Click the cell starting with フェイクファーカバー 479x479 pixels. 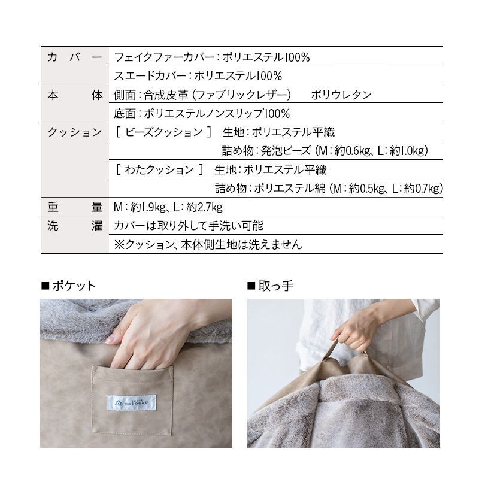pos(211,57)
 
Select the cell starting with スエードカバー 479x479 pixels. pos(198,76)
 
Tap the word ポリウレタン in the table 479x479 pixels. pos(341,95)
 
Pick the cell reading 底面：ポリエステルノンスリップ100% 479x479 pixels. pos(202,114)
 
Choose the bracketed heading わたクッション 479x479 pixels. pos(159,169)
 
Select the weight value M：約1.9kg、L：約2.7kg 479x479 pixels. pos(168,207)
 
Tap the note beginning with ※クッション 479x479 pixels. pos(208,244)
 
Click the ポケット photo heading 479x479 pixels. pos(69,286)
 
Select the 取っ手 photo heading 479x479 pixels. pos(271,286)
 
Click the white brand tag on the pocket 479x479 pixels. pos(132,403)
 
